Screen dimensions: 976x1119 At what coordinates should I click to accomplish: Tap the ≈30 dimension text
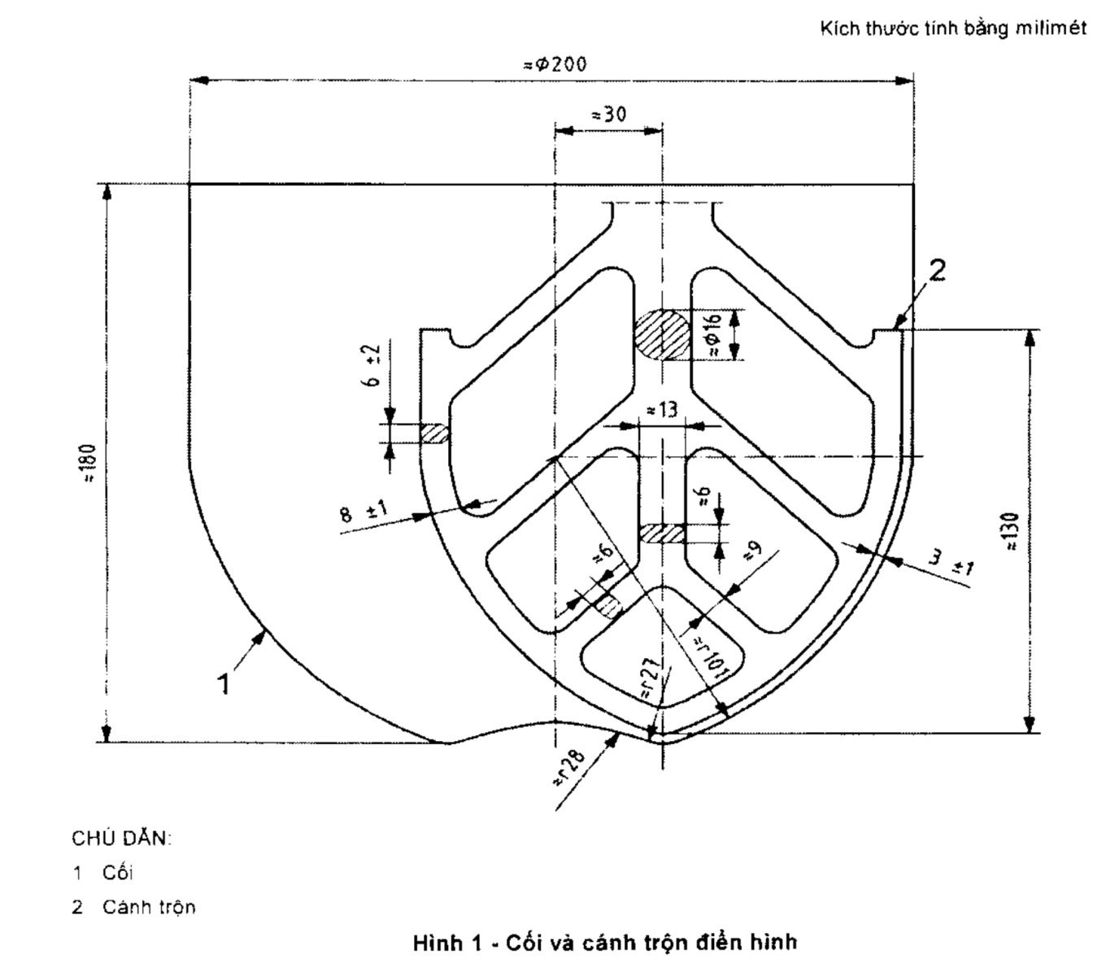pos(608,114)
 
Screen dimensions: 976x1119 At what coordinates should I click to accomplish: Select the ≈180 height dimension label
pos(89,463)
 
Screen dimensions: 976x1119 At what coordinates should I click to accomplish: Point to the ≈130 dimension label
pos(1012,533)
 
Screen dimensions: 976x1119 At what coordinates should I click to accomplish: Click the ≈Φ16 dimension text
pos(713,333)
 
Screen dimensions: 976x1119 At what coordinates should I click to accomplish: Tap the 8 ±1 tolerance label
pos(364,512)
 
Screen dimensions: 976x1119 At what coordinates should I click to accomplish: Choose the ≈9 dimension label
pos(752,552)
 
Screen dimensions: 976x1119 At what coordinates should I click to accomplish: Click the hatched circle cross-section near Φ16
pos(662,333)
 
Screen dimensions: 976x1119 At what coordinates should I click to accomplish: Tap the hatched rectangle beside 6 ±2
pos(435,433)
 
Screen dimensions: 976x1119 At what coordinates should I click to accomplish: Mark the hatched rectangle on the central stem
pos(662,534)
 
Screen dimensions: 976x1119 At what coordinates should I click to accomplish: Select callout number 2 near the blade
pos(938,271)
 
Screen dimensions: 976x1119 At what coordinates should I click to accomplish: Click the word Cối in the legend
pos(118,873)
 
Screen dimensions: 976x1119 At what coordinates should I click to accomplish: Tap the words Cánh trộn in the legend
pos(149,907)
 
